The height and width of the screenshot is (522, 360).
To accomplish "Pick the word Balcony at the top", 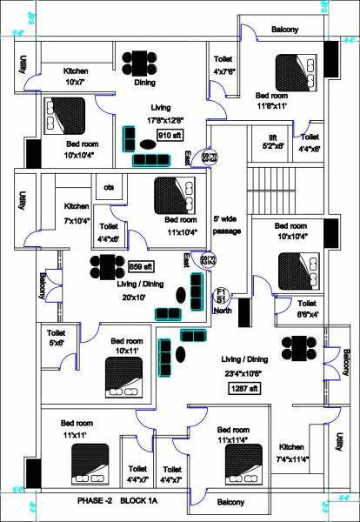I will click(284, 30).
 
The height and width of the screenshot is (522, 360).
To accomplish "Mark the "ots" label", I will click(109, 187).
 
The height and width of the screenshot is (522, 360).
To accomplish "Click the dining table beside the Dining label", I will click(139, 64).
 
